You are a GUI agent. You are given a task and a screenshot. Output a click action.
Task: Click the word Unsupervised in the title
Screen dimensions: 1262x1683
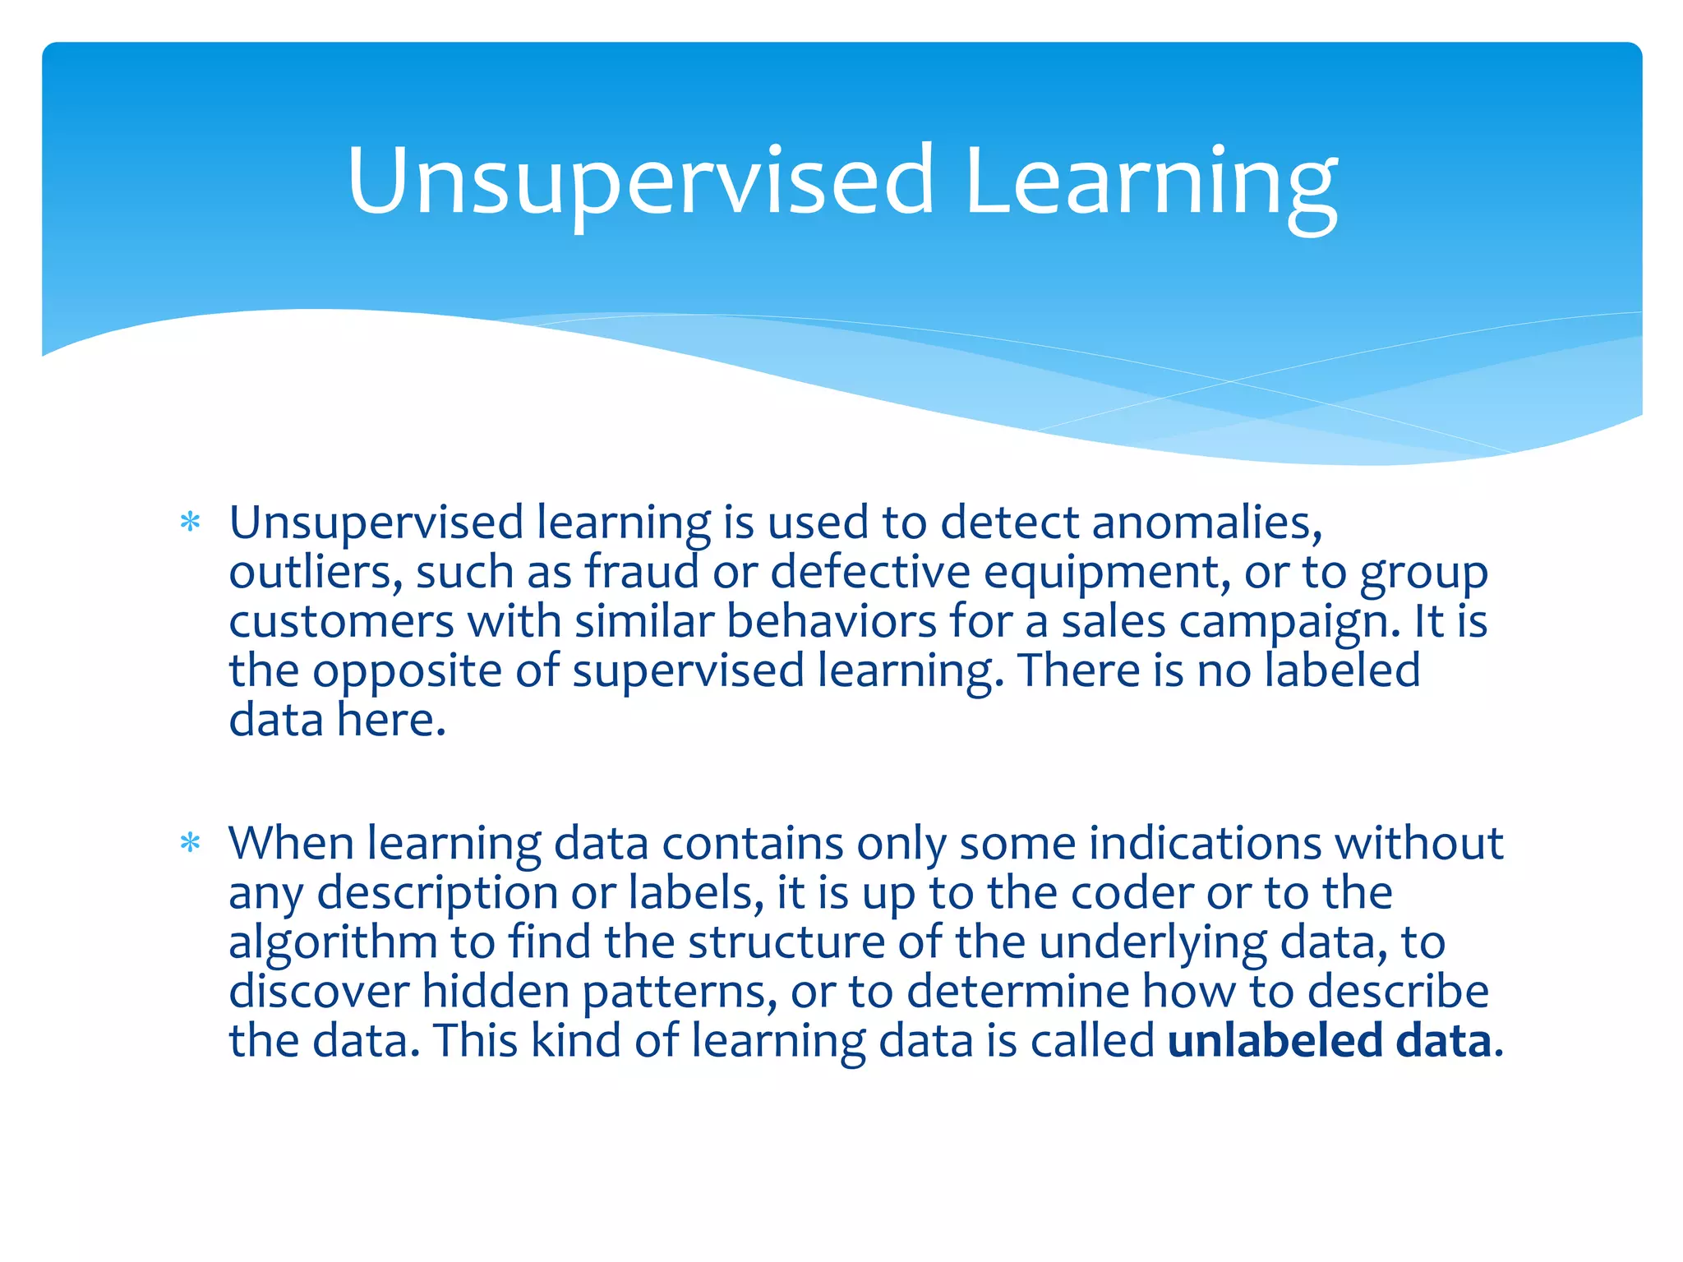[640, 182]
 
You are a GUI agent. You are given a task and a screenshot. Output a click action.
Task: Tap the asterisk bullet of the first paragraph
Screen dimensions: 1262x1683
[190, 523]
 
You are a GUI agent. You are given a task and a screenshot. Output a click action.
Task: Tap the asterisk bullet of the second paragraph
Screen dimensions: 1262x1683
[190, 843]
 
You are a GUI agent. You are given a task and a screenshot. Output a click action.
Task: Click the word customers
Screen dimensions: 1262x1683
[341, 622]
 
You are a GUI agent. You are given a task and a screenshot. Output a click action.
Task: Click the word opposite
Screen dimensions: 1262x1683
[407, 672]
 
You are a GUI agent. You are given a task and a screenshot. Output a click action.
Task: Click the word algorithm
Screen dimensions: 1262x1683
[333, 943]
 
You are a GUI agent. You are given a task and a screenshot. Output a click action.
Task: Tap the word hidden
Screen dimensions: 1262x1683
[496, 992]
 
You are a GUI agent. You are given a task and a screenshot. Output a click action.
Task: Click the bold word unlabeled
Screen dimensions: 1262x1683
[1275, 1041]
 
